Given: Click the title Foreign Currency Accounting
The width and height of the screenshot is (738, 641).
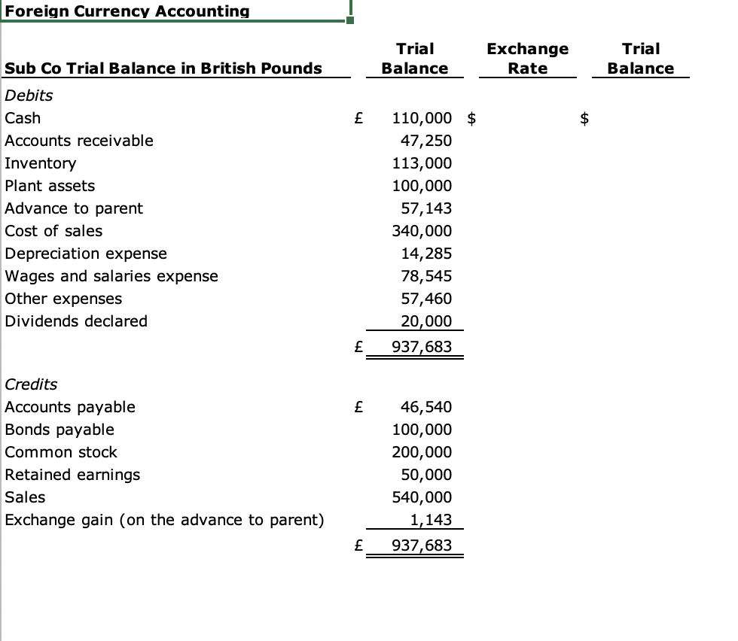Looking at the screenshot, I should (127, 11).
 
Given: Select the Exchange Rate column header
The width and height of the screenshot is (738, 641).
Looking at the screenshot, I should (527, 59).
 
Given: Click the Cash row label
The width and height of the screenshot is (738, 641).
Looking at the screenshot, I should (23, 118).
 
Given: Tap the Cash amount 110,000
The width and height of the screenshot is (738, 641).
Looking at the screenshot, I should (422, 118).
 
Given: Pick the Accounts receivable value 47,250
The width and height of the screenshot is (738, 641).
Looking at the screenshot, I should (427, 141).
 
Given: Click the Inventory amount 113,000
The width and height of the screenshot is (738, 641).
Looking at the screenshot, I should (422, 163).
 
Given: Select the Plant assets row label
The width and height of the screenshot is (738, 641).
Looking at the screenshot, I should (50, 186).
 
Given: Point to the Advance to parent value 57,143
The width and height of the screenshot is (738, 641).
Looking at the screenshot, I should (427, 208).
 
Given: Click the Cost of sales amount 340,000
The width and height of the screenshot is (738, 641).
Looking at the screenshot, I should (422, 231).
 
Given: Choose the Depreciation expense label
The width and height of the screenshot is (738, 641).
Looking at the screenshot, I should (86, 254).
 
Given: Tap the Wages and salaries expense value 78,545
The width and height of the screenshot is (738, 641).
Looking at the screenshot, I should (427, 276).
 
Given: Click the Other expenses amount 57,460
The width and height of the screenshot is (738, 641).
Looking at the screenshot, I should (427, 299).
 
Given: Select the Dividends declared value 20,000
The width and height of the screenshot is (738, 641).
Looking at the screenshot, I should (427, 321).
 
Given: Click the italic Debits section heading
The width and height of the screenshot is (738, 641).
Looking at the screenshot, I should (29, 96).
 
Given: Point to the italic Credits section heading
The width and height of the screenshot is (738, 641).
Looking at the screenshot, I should (31, 384).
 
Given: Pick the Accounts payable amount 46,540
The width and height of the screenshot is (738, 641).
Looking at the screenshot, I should (427, 407).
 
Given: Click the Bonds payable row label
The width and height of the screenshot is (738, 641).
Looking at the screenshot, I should (59, 430).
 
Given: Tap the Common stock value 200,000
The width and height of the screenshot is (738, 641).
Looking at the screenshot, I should (422, 452).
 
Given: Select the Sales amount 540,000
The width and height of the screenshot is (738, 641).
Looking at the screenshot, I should (422, 497).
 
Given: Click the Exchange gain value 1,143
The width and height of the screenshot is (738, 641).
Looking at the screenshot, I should (431, 520).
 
